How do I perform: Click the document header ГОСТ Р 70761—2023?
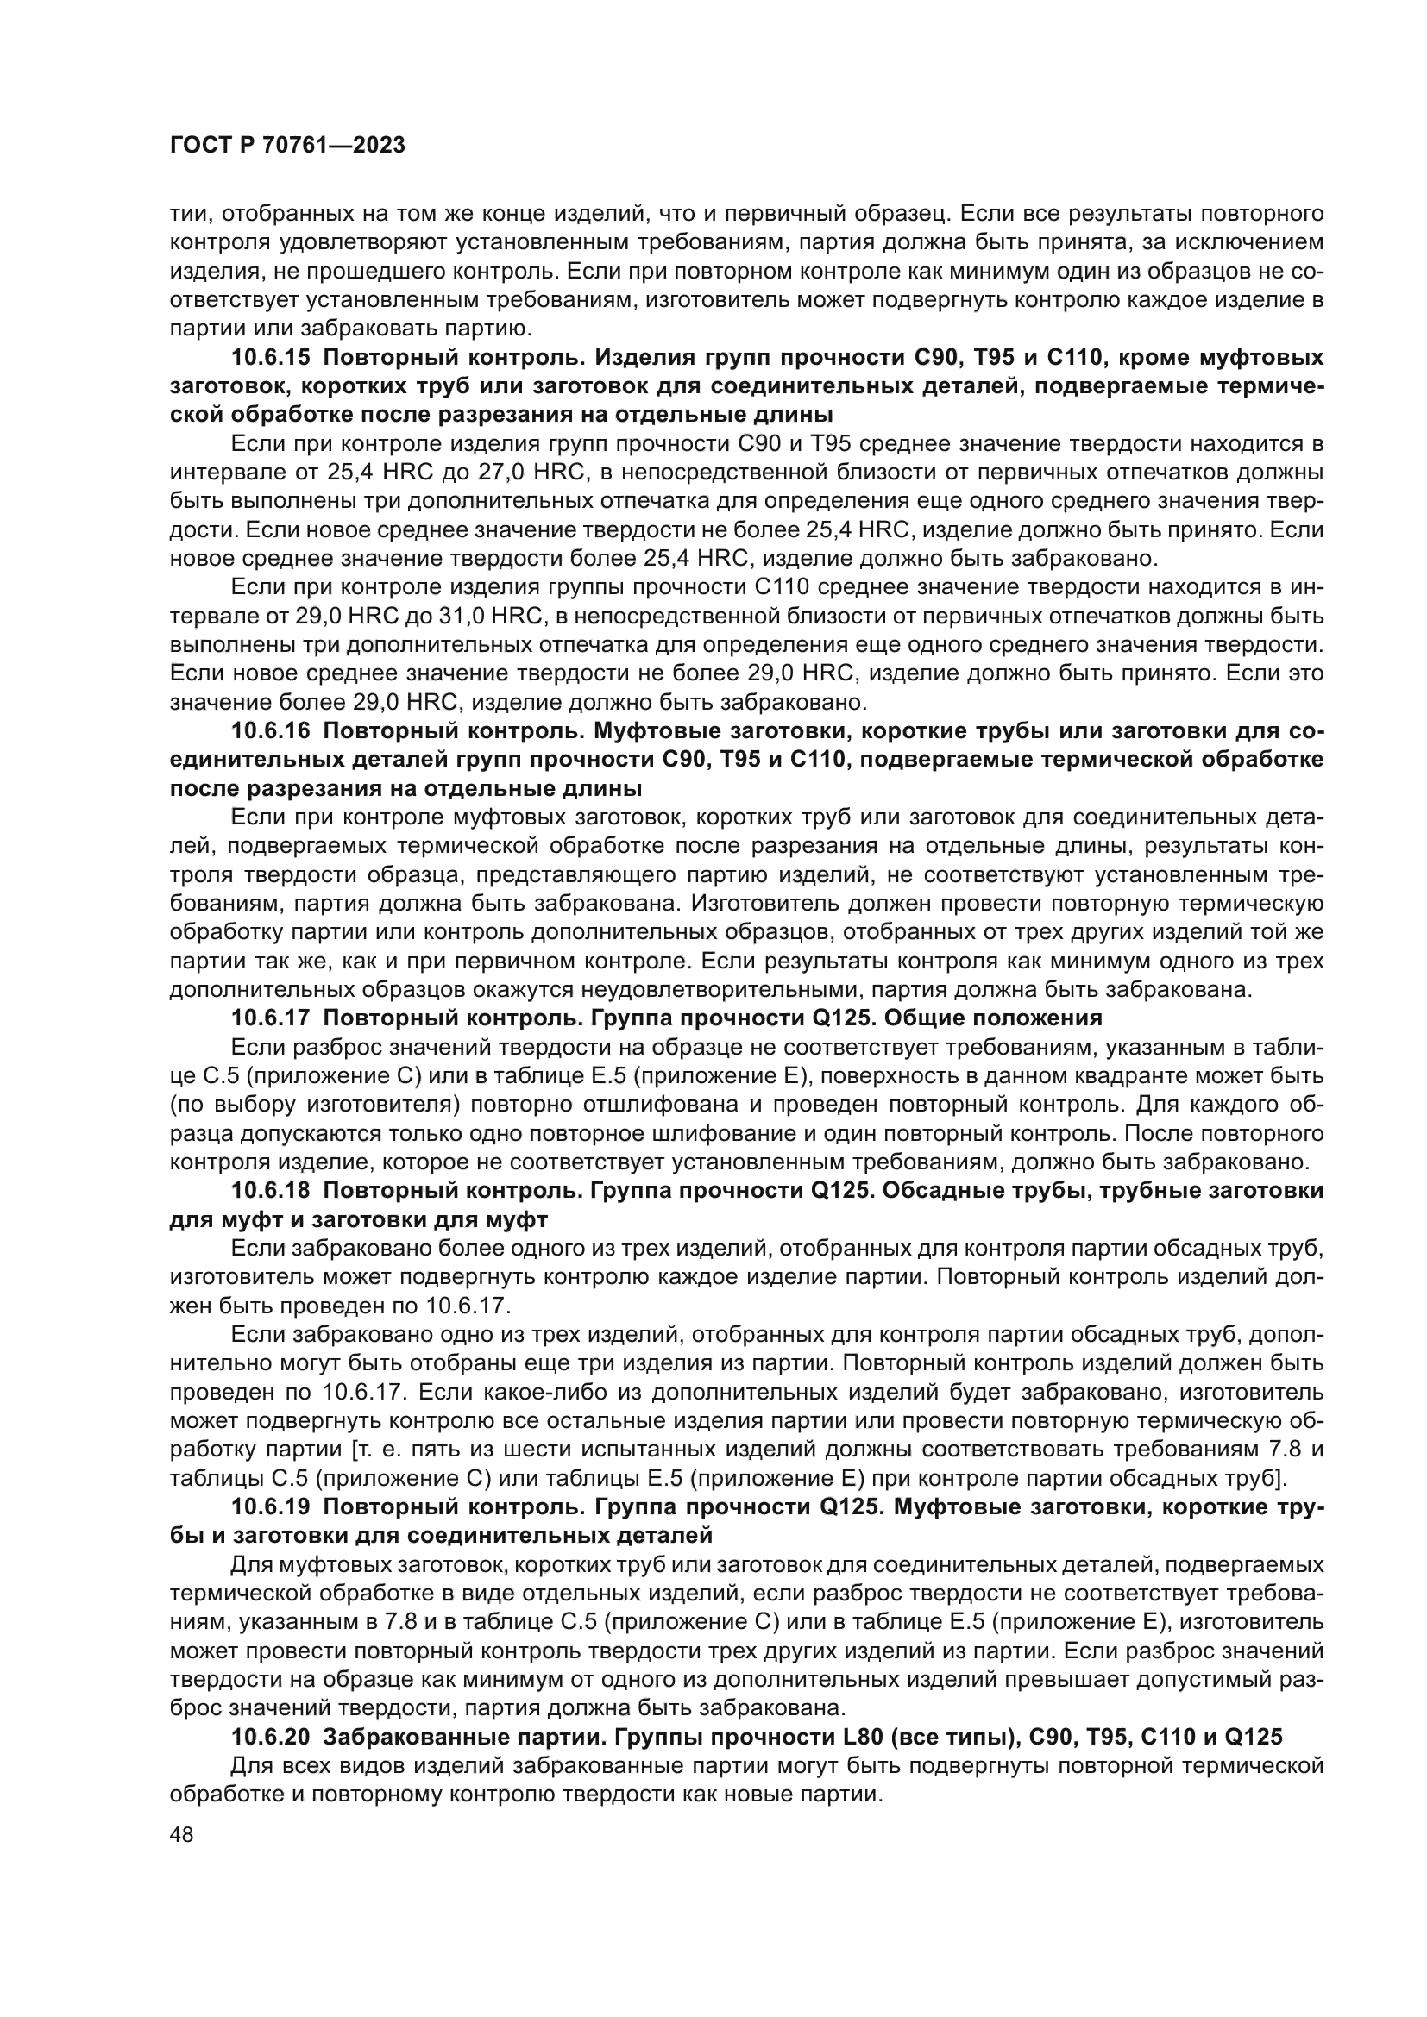point(286,146)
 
